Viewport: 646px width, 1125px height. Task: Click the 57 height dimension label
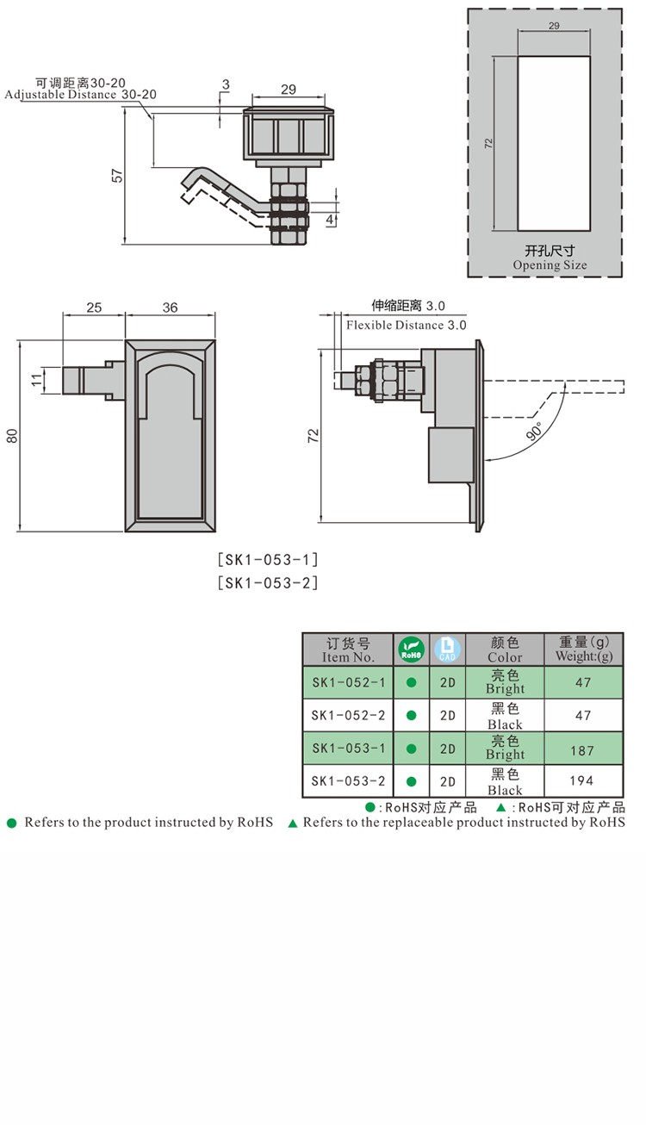click(118, 175)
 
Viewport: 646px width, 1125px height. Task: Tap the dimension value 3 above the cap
click(226, 84)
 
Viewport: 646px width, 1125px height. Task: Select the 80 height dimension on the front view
click(12, 436)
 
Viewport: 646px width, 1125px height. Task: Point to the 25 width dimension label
click(94, 308)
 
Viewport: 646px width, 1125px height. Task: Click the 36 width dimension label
click(170, 308)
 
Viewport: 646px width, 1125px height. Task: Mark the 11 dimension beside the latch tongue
click(36, 380)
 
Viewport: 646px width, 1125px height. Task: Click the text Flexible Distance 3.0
click(406, 325)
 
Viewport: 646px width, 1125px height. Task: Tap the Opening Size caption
click(550, 265)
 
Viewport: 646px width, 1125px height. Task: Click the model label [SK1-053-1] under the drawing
click(268, 559)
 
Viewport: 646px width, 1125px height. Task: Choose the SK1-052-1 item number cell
click(348, 681)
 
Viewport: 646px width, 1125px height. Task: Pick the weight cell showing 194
click(582, 781)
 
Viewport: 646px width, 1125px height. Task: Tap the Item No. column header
click(348, 650)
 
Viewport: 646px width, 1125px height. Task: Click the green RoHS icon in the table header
click(411, 649)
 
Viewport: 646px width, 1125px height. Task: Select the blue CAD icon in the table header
click(447, 649)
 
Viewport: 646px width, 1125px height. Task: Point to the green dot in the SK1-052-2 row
click(412, 715)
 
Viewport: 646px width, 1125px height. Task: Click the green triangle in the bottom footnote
click(292, 824)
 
